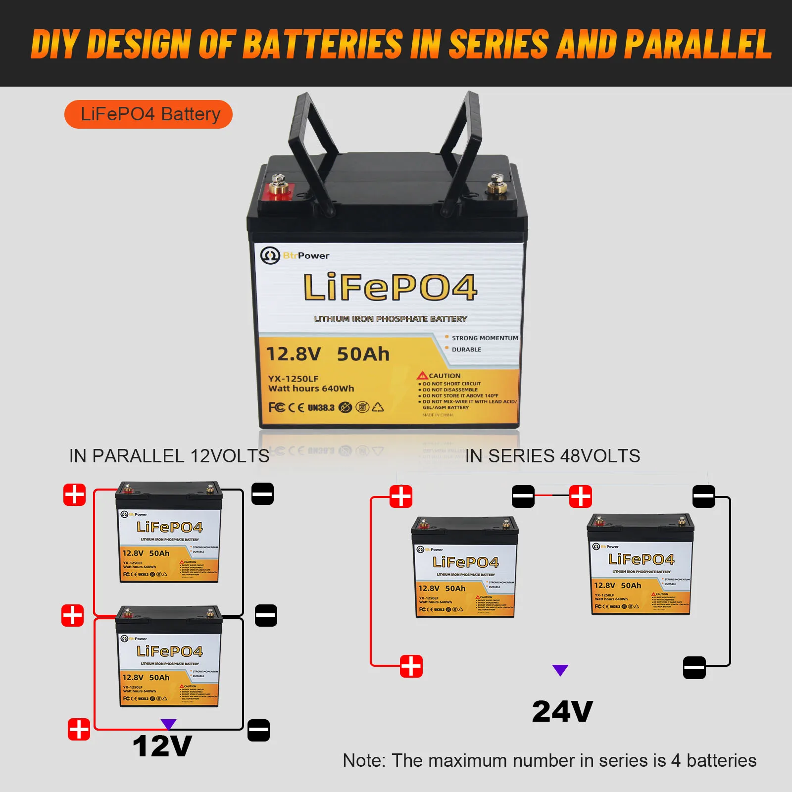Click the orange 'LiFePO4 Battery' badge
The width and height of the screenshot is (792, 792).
pos(148,114)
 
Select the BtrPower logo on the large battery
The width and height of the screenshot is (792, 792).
pos(295,255)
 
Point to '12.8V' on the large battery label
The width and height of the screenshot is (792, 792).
pos(294,354)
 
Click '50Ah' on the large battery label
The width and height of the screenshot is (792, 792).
pos(363,354)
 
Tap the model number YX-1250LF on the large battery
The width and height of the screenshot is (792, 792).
pos(293,379)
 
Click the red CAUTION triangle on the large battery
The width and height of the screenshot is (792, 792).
pos(422,376)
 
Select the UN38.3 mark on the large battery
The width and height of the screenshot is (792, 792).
pos(321,408)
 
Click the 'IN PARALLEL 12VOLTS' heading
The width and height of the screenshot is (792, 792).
pos(169,456)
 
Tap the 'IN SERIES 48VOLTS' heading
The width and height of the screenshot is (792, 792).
pos(552,456)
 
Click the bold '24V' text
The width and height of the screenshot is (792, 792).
pos(562,712)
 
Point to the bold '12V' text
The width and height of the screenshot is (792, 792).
pos(162,746)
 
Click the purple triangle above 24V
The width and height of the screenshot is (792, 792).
pos(560,670)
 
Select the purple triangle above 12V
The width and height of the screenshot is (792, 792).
pos(168,724)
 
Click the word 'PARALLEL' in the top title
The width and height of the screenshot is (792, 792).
pos(698,45)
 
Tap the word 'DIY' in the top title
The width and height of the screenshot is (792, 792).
pos(54,45)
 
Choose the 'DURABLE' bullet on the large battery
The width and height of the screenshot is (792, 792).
pos(466,349)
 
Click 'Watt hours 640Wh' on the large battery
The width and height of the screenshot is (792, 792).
pos(311,389)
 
